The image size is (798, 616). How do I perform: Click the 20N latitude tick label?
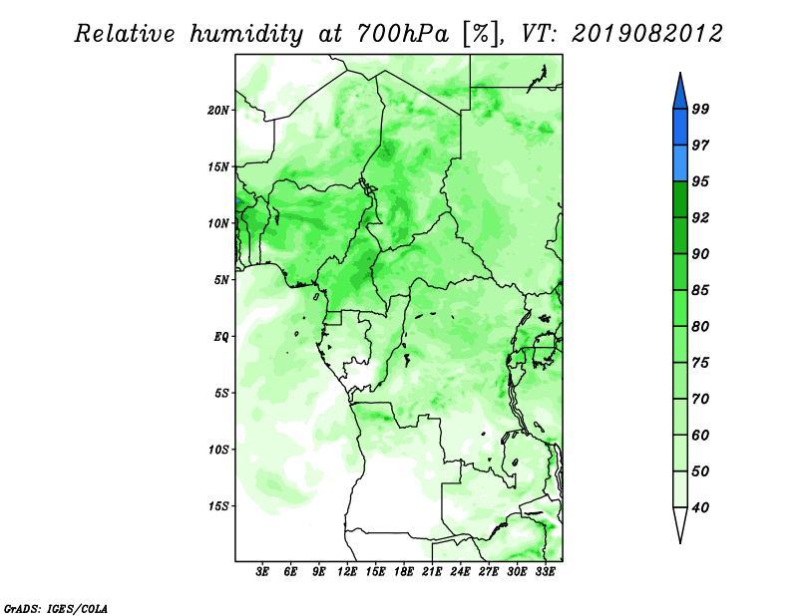click(x=218, y=111)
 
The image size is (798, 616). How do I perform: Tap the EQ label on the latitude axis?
click(x=221, y=337)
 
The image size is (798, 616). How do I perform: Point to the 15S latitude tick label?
click(x=218, y=506)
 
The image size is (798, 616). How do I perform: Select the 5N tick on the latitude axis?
click(x=221, y=280)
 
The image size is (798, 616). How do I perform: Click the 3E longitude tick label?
click(x=262, y=571)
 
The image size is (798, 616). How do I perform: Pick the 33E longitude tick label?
click(x=545, y=571)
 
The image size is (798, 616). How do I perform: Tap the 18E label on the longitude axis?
click(x=404, y=571)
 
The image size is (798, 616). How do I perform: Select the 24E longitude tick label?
click(x=460, y=571)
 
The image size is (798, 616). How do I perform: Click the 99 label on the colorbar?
click(x=700, y=109)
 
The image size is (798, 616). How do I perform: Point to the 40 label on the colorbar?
click(x=700, y=507)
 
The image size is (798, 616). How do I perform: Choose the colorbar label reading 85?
click(x=700, y=290)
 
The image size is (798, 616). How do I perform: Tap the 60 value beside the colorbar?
click(x=700, y=435)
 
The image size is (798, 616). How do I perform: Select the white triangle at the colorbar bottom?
click(x=680, y=523)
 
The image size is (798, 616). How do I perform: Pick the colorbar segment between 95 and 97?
click(x=680, y=163)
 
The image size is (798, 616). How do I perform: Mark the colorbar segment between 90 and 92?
click(x=680, y=235)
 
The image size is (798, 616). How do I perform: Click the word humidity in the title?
click(x=246, y=35)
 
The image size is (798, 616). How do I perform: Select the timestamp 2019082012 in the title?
click(x=646, y=34)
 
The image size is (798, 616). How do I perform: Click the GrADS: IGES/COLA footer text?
click(x=56, y=608)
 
